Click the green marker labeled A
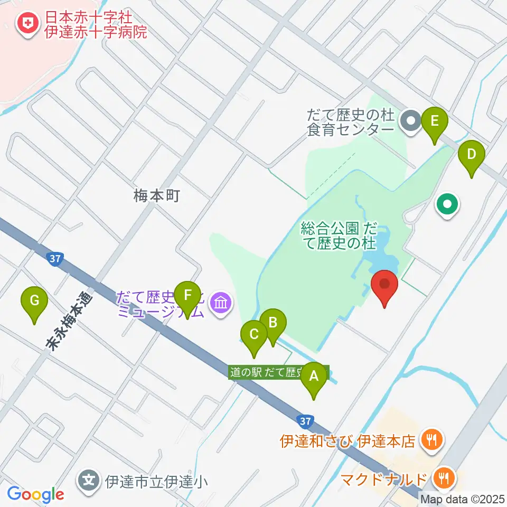click(x=314, y=377)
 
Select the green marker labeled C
click(x=254, y=335)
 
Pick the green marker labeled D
click(x=472, y=155)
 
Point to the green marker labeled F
click(x=186, y=297)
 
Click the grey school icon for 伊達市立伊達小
click(x=90, y=481)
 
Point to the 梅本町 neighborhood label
click(x=157, y=196)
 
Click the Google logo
click(x=35, y=494)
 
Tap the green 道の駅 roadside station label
click(x=279, y=372)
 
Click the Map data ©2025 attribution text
click(x=463, y=499)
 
